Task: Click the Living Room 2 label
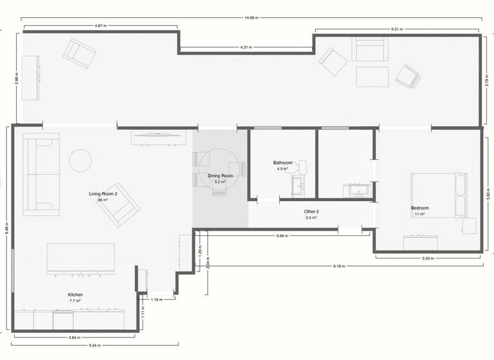(x=103, y=194)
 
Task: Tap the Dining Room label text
(x=220, y=175)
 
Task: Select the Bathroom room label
(x=282, y=163)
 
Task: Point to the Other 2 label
(x=311, y=212)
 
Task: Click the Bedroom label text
(x=420, y=208)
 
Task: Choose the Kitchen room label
(x=75, y=294)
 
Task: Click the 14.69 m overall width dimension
(x=251, y=18)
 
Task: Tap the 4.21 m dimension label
(x=246, y=48)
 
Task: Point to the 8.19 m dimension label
(x=340, y=266)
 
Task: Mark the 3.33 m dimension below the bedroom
(x=428, y=258)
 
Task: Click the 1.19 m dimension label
(x=155, y=300)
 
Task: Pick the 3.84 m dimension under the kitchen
(x=74, y=337)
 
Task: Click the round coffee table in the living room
(x=81, y=160)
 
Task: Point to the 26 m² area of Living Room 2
(x=103, y=200)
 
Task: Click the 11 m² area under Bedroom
(x=420, y=214)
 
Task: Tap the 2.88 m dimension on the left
(x=17, y=78)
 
